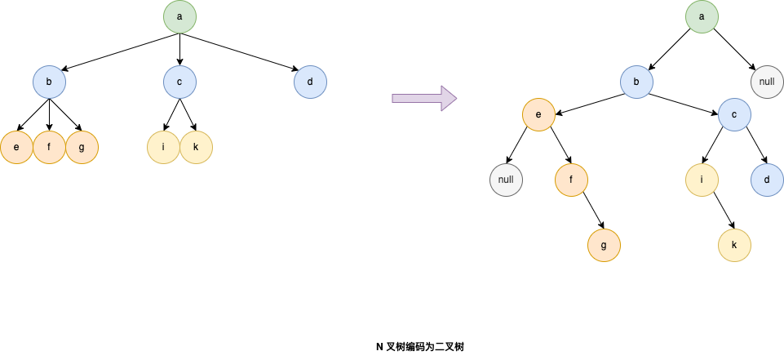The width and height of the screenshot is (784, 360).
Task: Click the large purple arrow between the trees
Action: [423, 98]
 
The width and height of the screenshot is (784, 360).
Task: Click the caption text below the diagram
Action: [420, 347]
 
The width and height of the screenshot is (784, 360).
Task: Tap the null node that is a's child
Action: [767, 82]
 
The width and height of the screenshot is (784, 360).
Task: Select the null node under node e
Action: [506, 180]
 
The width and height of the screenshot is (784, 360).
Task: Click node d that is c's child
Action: [767, 180]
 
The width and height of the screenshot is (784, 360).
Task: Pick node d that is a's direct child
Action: [310, 82]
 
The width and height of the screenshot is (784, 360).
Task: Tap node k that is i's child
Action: [734, 245]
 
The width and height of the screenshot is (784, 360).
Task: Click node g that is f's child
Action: [604, 245]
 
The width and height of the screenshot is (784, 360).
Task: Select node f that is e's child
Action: [571, 180]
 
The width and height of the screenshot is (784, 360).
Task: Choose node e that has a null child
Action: [538, 114]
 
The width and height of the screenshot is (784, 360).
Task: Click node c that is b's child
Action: [734, 114]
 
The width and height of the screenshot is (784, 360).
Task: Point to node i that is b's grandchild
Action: [702, 180]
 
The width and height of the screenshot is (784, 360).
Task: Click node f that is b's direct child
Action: [49, 148]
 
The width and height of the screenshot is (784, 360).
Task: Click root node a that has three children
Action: [179, 16]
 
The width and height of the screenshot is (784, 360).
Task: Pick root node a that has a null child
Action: [702, 16]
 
